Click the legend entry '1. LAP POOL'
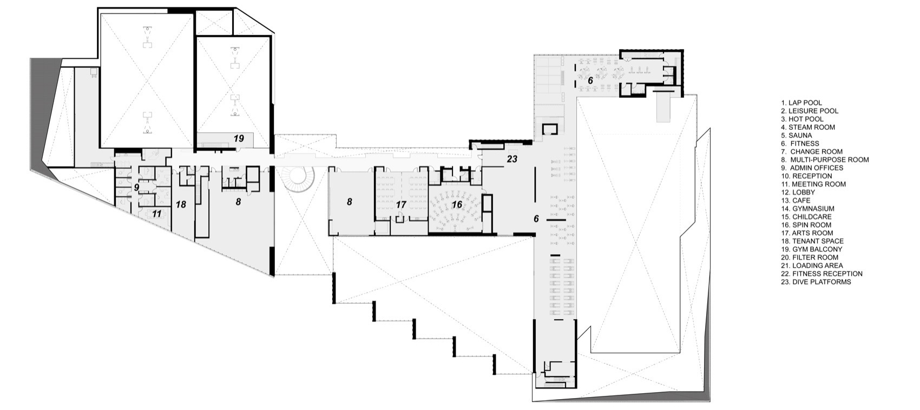(x=801, y=103)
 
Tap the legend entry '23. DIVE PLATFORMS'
(x=816, y=282)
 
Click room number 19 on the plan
(x=239, y=139)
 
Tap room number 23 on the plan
(x=512, y=159)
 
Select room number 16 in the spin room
(x=457, y=204)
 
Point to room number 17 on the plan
(x=400, y=205)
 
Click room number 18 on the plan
(x=181, y=204)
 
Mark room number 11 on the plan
(x=156, y=214)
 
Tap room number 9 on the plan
(x=137, y=188)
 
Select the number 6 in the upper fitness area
(x=590, y=80)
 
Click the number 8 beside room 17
(x=350, y=202)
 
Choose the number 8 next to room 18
(x=238, y=202)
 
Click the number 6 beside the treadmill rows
(x=536, y=219)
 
